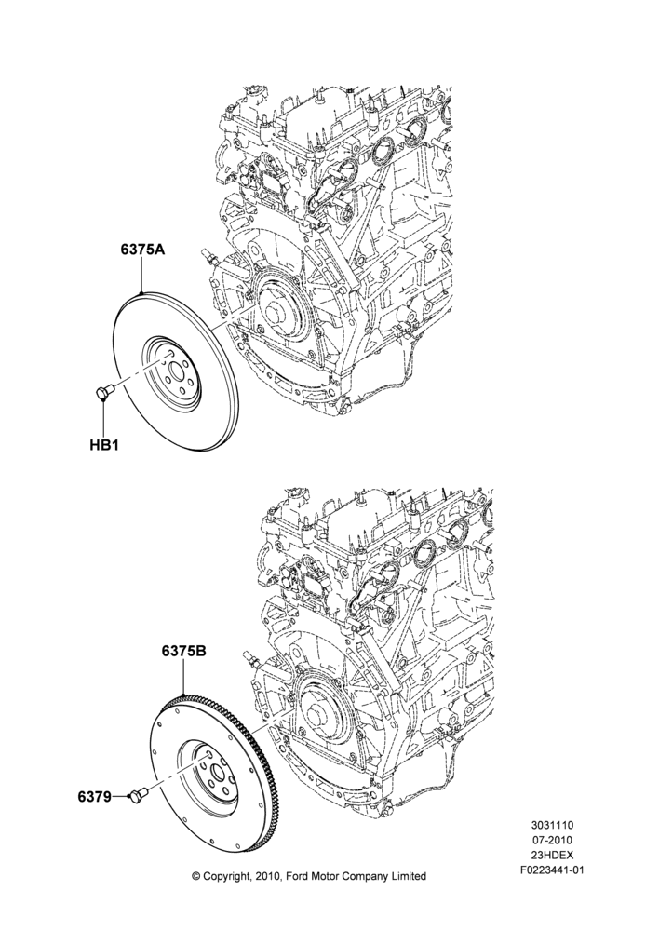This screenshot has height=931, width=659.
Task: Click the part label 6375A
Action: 142,250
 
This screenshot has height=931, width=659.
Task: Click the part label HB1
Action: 104,445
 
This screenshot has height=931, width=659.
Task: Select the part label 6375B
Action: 183,652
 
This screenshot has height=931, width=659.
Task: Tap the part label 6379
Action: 94,797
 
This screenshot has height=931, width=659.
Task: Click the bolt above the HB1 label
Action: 103,393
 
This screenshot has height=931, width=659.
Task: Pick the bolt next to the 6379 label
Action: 139,796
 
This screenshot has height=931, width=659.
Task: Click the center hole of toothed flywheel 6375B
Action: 217,775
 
